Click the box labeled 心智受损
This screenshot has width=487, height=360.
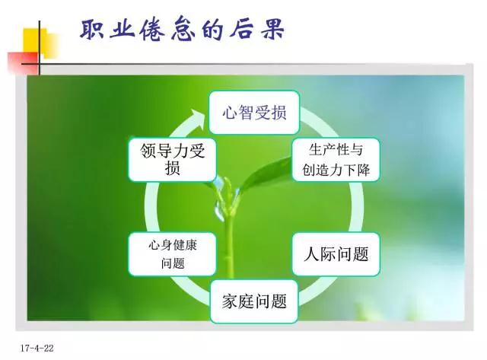pyautogui.click(x=254, y=113)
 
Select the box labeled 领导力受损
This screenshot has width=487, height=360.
pyautogui.click(x=173, y=160)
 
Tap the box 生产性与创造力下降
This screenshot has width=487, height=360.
pyautogui.click(x=336, y=160)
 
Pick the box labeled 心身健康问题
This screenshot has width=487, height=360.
pyautogui.click(x=173, y=254)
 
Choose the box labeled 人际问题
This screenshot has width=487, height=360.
pyautogui.click(x=336, y=254)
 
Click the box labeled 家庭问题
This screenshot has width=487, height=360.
pyautogui.click(x=254, y=301)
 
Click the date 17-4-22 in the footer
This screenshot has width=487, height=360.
pyautogui.click(x=37, y=348)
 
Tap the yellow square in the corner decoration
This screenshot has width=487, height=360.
pyautogui.click(x=40, y=43)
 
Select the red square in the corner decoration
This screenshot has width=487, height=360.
pyautogui.click(x=24, y=63)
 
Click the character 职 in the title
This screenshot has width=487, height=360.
pyautogui.click(x=92, y=29)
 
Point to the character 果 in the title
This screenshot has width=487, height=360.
pyautogui.click(x=272, y=29)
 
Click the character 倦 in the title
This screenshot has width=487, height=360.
pyautogui.click(x=152, y=29)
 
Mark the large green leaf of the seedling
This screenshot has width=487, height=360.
pyautogui.click(x=266, y=174)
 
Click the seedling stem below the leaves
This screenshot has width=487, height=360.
pyautogui.click(x=229, y=245)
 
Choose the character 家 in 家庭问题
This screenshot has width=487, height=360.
pyautogui.click(x=230, y=301)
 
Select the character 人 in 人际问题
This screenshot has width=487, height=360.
pyautogui.click(x=312, y=254)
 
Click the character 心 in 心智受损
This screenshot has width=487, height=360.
pyautogui.click(x=230, y=113)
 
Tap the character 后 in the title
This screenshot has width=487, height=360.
pyautogui.click(x=241, y=29)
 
